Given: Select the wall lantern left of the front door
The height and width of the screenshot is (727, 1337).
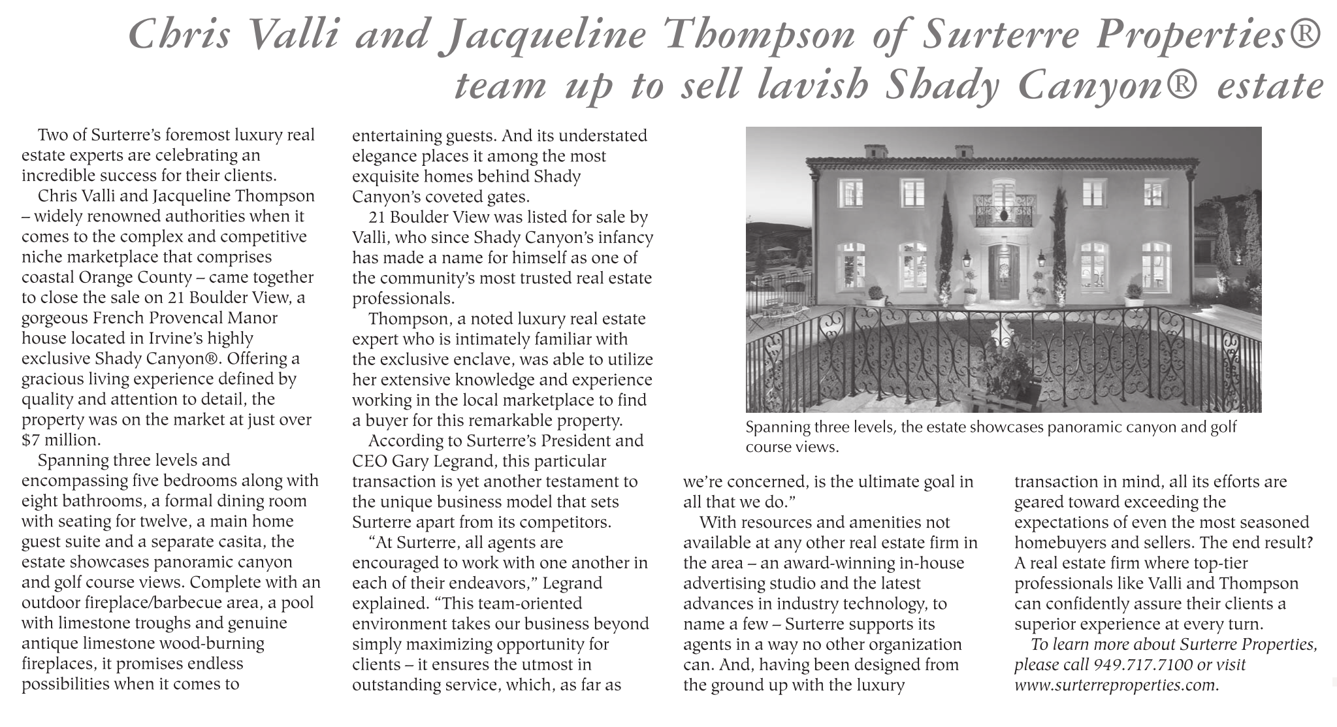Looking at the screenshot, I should click(966, 261).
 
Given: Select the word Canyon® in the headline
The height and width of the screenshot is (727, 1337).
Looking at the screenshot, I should click(1110, 86).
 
